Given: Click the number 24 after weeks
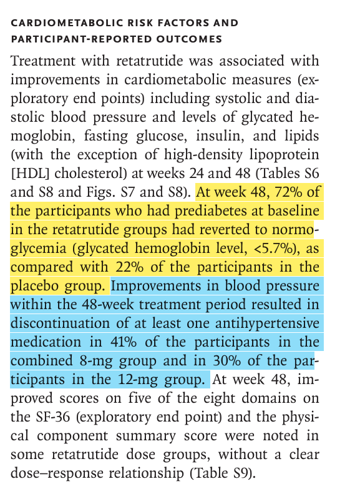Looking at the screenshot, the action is click(x=197, y=173).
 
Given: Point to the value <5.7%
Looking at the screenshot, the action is click(x=273, y=249).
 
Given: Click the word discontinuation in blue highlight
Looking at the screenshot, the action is click(x=60, y=323).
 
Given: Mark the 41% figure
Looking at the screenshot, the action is click(x=124, y=342).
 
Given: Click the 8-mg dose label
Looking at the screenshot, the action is click(x=96, y=361).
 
